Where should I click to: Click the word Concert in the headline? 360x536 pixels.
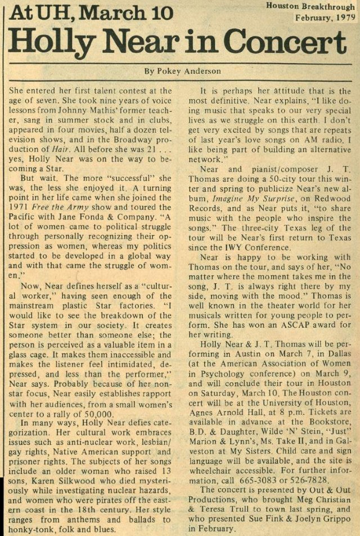[x=281, y=42]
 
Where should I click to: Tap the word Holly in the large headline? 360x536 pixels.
[x=59, y=42]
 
